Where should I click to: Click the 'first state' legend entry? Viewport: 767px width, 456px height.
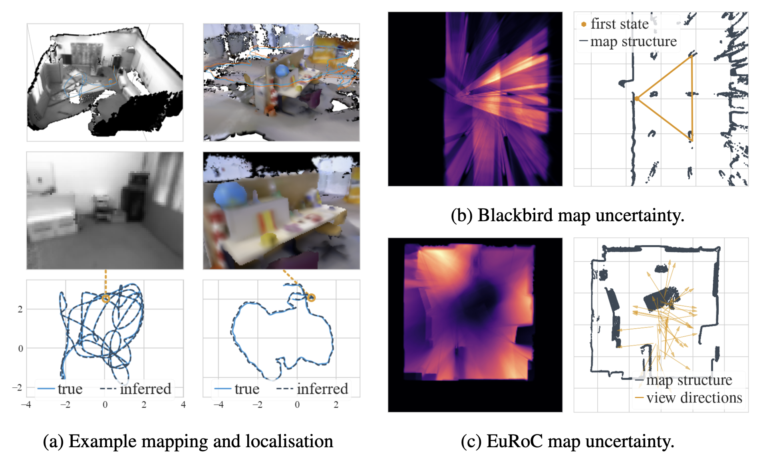tap(619, 24)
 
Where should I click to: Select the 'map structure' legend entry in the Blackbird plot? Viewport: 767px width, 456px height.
tap(633, 41)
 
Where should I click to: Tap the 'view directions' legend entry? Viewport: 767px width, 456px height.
tap(693, 398)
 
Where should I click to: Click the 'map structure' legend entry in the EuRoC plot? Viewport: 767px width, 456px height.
tap(689, 380)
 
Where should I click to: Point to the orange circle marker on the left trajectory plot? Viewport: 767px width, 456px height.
tap(105, 298)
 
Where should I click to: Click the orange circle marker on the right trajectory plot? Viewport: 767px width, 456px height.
tap(311, 297)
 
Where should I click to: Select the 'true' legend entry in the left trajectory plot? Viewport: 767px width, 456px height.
tap(70, 389)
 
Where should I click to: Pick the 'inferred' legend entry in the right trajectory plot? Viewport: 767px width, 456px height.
tap(322, 389)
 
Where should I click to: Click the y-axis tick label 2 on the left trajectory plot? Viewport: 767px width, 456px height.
tap(20, 309)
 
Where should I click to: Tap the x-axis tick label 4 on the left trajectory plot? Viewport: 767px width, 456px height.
tap(183, 404)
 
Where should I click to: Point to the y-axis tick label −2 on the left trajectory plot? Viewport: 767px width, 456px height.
tap(17, 387)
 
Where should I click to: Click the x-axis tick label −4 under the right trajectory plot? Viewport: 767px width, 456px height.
tap(218, 404)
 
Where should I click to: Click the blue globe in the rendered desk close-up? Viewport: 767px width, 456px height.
tap(230, 195)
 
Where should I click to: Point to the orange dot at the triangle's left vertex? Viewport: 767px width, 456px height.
tap(637, 98)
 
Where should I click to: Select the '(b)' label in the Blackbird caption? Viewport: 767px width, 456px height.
tap(461, 216)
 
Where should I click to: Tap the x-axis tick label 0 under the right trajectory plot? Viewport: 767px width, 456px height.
tap(297, 404)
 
